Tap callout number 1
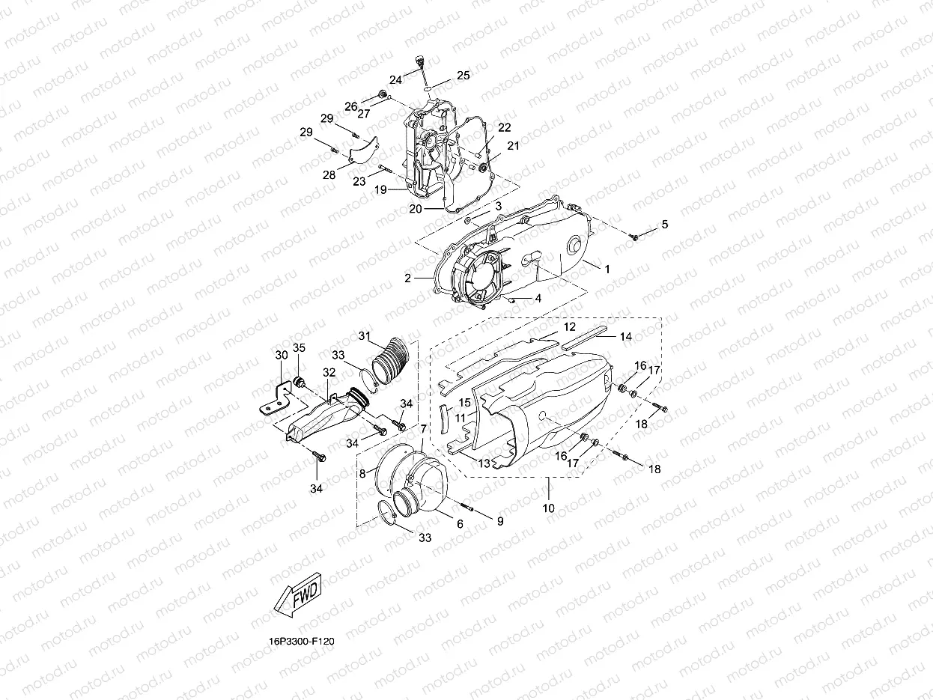coord(607,268)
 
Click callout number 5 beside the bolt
coord(663,225)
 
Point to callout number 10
coord(548,508)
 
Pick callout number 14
coord(625,337)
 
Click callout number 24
coord(395,79)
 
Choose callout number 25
coord(463,75)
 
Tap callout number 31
coord(365,335)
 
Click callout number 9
coord(499,519)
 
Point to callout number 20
coord(416,210)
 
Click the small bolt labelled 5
coord(633,237)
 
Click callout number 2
coord(407,279)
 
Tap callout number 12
coord(569,327)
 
